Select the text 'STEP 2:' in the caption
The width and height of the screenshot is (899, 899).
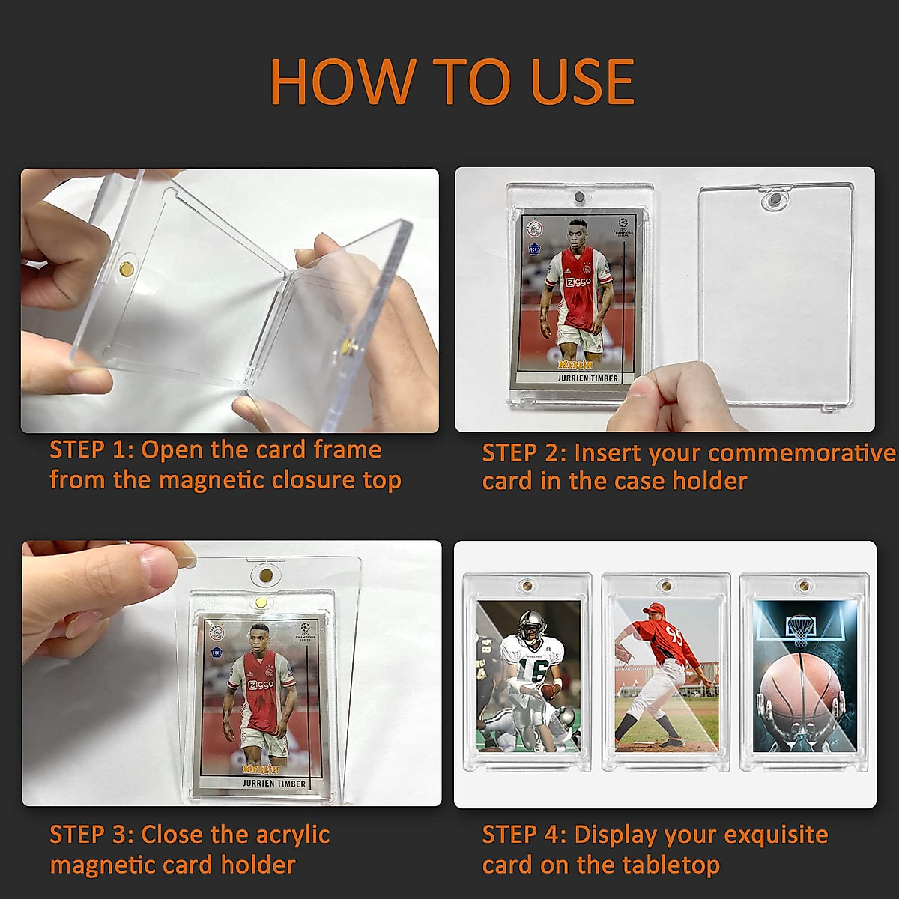click(524, 453)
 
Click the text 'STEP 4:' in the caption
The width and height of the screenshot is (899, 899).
click(524, 835)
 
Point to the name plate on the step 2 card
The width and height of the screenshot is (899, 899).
click(588, 378)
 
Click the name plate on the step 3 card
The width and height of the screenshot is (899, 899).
click(273, 783)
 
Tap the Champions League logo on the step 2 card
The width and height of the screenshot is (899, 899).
click(622, 227)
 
